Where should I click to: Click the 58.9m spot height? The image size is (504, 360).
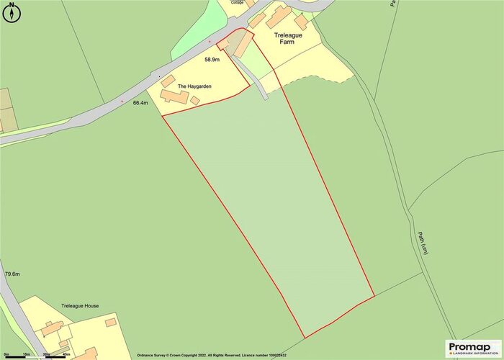[x=212, y=60]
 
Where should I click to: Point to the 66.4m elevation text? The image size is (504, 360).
[x=140, y=103]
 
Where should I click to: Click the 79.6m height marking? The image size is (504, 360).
[x=12, y=274]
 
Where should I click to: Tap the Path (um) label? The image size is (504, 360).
[x=425, y=242]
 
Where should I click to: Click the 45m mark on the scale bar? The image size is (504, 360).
[x=66, y=355]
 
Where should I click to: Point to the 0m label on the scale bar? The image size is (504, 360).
[x=6, y=355]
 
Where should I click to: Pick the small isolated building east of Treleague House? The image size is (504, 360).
[x=110, y=323]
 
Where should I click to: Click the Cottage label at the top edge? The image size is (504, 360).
[x=238, y=3]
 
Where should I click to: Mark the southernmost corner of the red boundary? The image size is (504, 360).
[x=305, y=338]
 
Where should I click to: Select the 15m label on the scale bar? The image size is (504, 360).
[x=26, y=355]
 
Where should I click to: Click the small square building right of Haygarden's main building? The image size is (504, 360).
[x=195, y=101]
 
